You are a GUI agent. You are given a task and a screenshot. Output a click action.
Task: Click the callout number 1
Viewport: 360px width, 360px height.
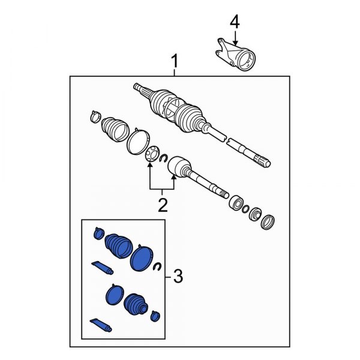[x=175, y=62]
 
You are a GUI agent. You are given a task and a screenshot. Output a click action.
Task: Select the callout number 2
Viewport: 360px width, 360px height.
[x=162, y=206]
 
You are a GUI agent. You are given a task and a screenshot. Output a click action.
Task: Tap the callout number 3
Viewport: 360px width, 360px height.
[x=177, y=277]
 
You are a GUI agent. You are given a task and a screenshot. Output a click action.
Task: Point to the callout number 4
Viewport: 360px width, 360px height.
[x=234, y=22]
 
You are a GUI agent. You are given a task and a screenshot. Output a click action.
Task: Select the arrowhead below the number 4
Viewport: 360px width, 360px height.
[x=234, y=37]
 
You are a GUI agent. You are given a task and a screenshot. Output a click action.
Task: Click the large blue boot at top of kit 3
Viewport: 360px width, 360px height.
[x=119, y=246]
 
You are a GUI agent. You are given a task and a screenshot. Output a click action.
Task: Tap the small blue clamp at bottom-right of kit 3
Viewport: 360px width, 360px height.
[x=156, y=316]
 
